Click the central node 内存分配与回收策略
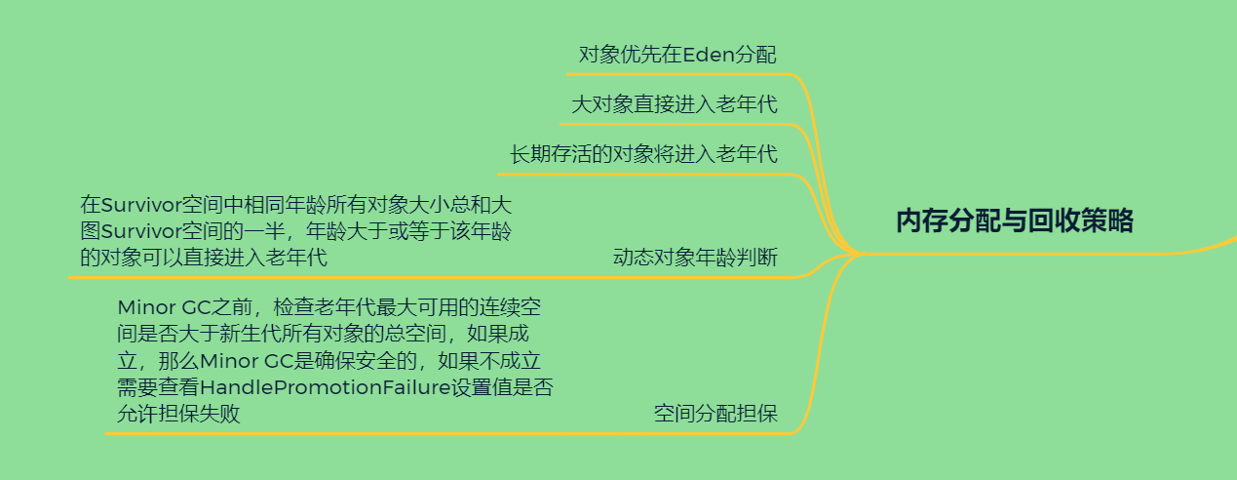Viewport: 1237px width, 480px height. click(x=1014, y=221)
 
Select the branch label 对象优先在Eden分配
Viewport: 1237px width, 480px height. click(x=677, y=55)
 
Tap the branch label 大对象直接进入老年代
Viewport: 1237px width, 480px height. click(x=674, y=104)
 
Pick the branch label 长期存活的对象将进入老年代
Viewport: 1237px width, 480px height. click(x=643, y=154)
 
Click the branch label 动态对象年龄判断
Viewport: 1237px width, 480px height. click(x=694, y=258)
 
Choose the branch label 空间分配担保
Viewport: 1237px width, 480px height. click(x=715, y=414)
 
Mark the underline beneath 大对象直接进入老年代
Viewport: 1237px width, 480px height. click(x=673, y=124)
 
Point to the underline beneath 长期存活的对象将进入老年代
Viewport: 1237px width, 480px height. click(x=643, y=174)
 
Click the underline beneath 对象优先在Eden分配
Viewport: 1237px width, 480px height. click(x=677, y=73)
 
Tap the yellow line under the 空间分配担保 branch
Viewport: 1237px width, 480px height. click(x=448, y=433)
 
